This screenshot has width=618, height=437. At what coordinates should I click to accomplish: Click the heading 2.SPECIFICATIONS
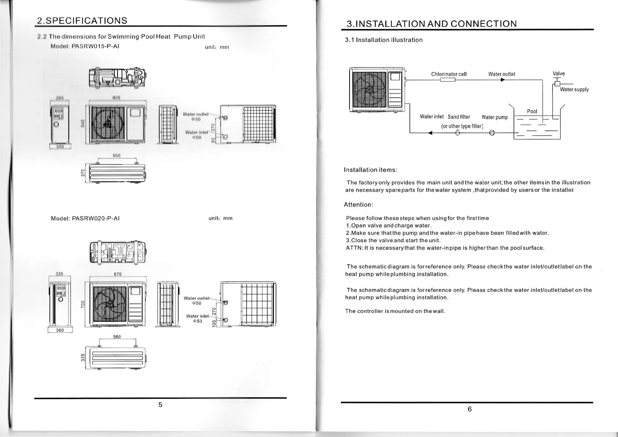point(82,21)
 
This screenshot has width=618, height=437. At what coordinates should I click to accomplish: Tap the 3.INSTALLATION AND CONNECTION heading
point(431,24)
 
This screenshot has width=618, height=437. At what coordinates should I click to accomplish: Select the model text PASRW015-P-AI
point(95,46)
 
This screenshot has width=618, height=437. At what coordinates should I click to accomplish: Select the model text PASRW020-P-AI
point(96,218)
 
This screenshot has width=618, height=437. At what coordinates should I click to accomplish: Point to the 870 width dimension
point(118,274)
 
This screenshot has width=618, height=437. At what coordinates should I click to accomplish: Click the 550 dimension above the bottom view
point(116,155)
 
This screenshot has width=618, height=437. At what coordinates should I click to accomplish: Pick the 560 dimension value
point(117,337)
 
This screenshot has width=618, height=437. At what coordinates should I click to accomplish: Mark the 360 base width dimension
point(60,330)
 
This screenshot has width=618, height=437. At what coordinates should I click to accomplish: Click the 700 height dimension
point(83,304)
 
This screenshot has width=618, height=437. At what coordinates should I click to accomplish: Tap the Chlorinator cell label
point(449,74)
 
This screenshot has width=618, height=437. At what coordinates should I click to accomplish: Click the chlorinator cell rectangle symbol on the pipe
point(448,80)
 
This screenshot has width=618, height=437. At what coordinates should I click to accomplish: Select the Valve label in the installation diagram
point(559,73)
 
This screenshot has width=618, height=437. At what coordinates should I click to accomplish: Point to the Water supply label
point(574,90)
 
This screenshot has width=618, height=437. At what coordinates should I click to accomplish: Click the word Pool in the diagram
point(532,111)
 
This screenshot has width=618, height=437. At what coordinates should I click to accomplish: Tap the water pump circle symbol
point(492,133)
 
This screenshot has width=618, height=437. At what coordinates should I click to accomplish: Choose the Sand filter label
point(459,117)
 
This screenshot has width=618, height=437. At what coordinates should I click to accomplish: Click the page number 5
point(160,405)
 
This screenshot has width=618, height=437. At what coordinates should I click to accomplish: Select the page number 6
point(469,409)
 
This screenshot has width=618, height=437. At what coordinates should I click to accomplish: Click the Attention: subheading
point(358,205)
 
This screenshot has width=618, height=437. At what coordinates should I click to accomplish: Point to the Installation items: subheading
point(370,170)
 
